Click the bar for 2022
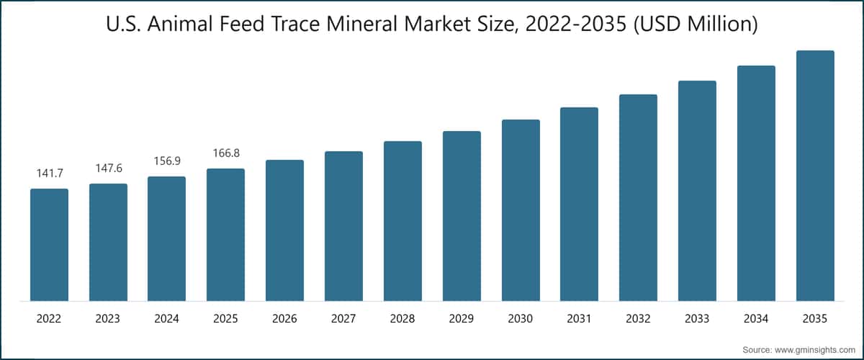tap(49, 245)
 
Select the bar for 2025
tap(225, 235)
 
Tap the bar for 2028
tap(402, 221)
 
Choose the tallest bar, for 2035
tap(814, 176)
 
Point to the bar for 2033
tap(697, 191)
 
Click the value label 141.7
tap(49, 174)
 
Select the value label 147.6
tap(108, 168)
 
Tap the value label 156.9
tap(167, 161)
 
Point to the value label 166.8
tap(225, 153)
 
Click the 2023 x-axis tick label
tap(108, 318)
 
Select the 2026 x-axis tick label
tap(284, 318)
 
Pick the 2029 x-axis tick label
tap(462, 318)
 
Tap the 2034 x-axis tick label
tap(756, 318)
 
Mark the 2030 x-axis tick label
tap(521, 318)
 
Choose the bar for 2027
tap(343, 226)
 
